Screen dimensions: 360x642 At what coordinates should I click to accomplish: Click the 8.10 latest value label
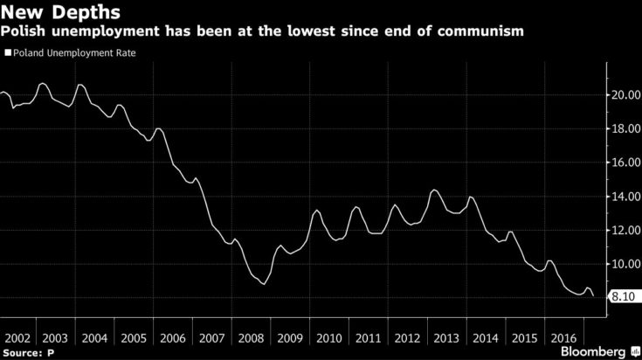(623, 297)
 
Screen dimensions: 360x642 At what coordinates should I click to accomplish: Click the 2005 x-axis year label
(134, 336)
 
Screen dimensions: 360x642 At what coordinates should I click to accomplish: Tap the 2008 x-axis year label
(251, 336)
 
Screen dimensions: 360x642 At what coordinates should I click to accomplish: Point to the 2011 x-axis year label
(367, 336)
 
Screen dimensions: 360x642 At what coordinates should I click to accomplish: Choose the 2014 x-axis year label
(484, 336)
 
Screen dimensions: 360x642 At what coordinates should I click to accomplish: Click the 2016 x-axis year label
(562, 336)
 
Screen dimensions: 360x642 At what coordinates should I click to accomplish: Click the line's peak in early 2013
(434, 190)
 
